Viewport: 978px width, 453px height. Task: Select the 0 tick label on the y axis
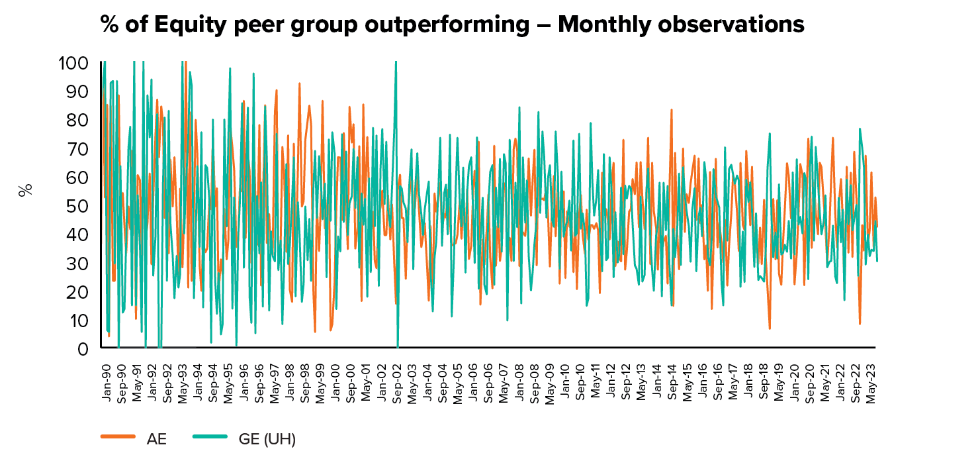(83, 348)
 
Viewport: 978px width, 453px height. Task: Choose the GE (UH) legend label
(265, 438)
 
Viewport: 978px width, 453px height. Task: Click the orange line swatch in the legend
(117, 437)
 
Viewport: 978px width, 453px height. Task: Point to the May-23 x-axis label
(871, 381)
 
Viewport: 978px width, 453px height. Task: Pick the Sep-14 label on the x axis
(672, 381)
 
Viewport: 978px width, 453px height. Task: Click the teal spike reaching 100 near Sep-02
(396, 66)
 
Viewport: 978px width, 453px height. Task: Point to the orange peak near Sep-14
(671, 110)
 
